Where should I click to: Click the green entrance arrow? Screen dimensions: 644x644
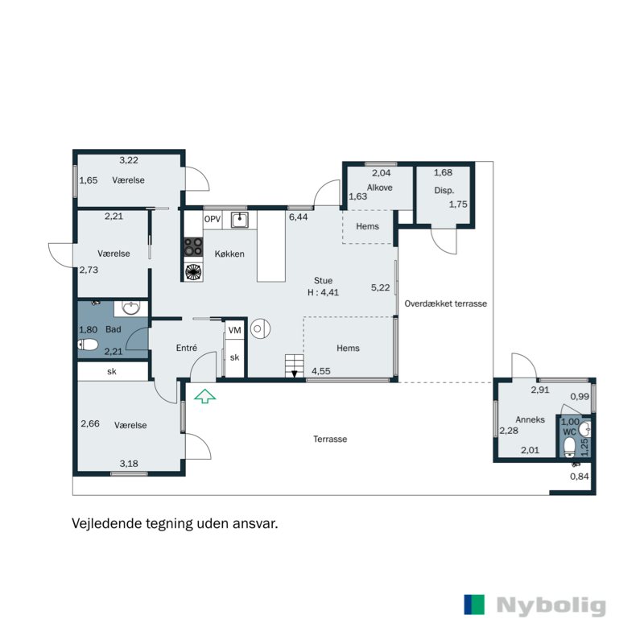tap(205, 397)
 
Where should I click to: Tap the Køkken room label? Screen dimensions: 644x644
tap(229, 254)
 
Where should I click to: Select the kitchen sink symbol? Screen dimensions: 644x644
tap(239, 220)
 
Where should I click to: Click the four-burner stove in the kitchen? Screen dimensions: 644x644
tap(193, 247)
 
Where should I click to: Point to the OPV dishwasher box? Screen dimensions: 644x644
tap(213, 219)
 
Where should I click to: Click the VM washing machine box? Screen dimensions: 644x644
tap(234, 330)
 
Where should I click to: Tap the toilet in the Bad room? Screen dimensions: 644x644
tap(88, 345)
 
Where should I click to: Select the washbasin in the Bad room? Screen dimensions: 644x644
tap(131, 308)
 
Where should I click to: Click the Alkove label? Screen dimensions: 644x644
tap(379, 188)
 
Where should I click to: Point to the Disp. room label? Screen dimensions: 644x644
tap(444, 191)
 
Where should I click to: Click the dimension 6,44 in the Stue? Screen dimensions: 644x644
tap(298, 217)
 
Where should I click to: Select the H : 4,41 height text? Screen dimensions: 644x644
tap(324, 292)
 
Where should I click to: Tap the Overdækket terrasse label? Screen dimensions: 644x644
tap(446, 303)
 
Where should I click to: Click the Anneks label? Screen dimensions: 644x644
tap(530, 419)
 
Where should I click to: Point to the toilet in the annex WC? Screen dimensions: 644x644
tap(569, 448)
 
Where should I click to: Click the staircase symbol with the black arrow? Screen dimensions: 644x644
tap(295, 366)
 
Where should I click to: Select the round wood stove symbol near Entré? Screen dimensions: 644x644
tap(260, 328)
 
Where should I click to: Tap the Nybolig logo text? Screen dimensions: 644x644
tap(551, 605)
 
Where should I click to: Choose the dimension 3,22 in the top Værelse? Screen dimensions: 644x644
tap(129, 160)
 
